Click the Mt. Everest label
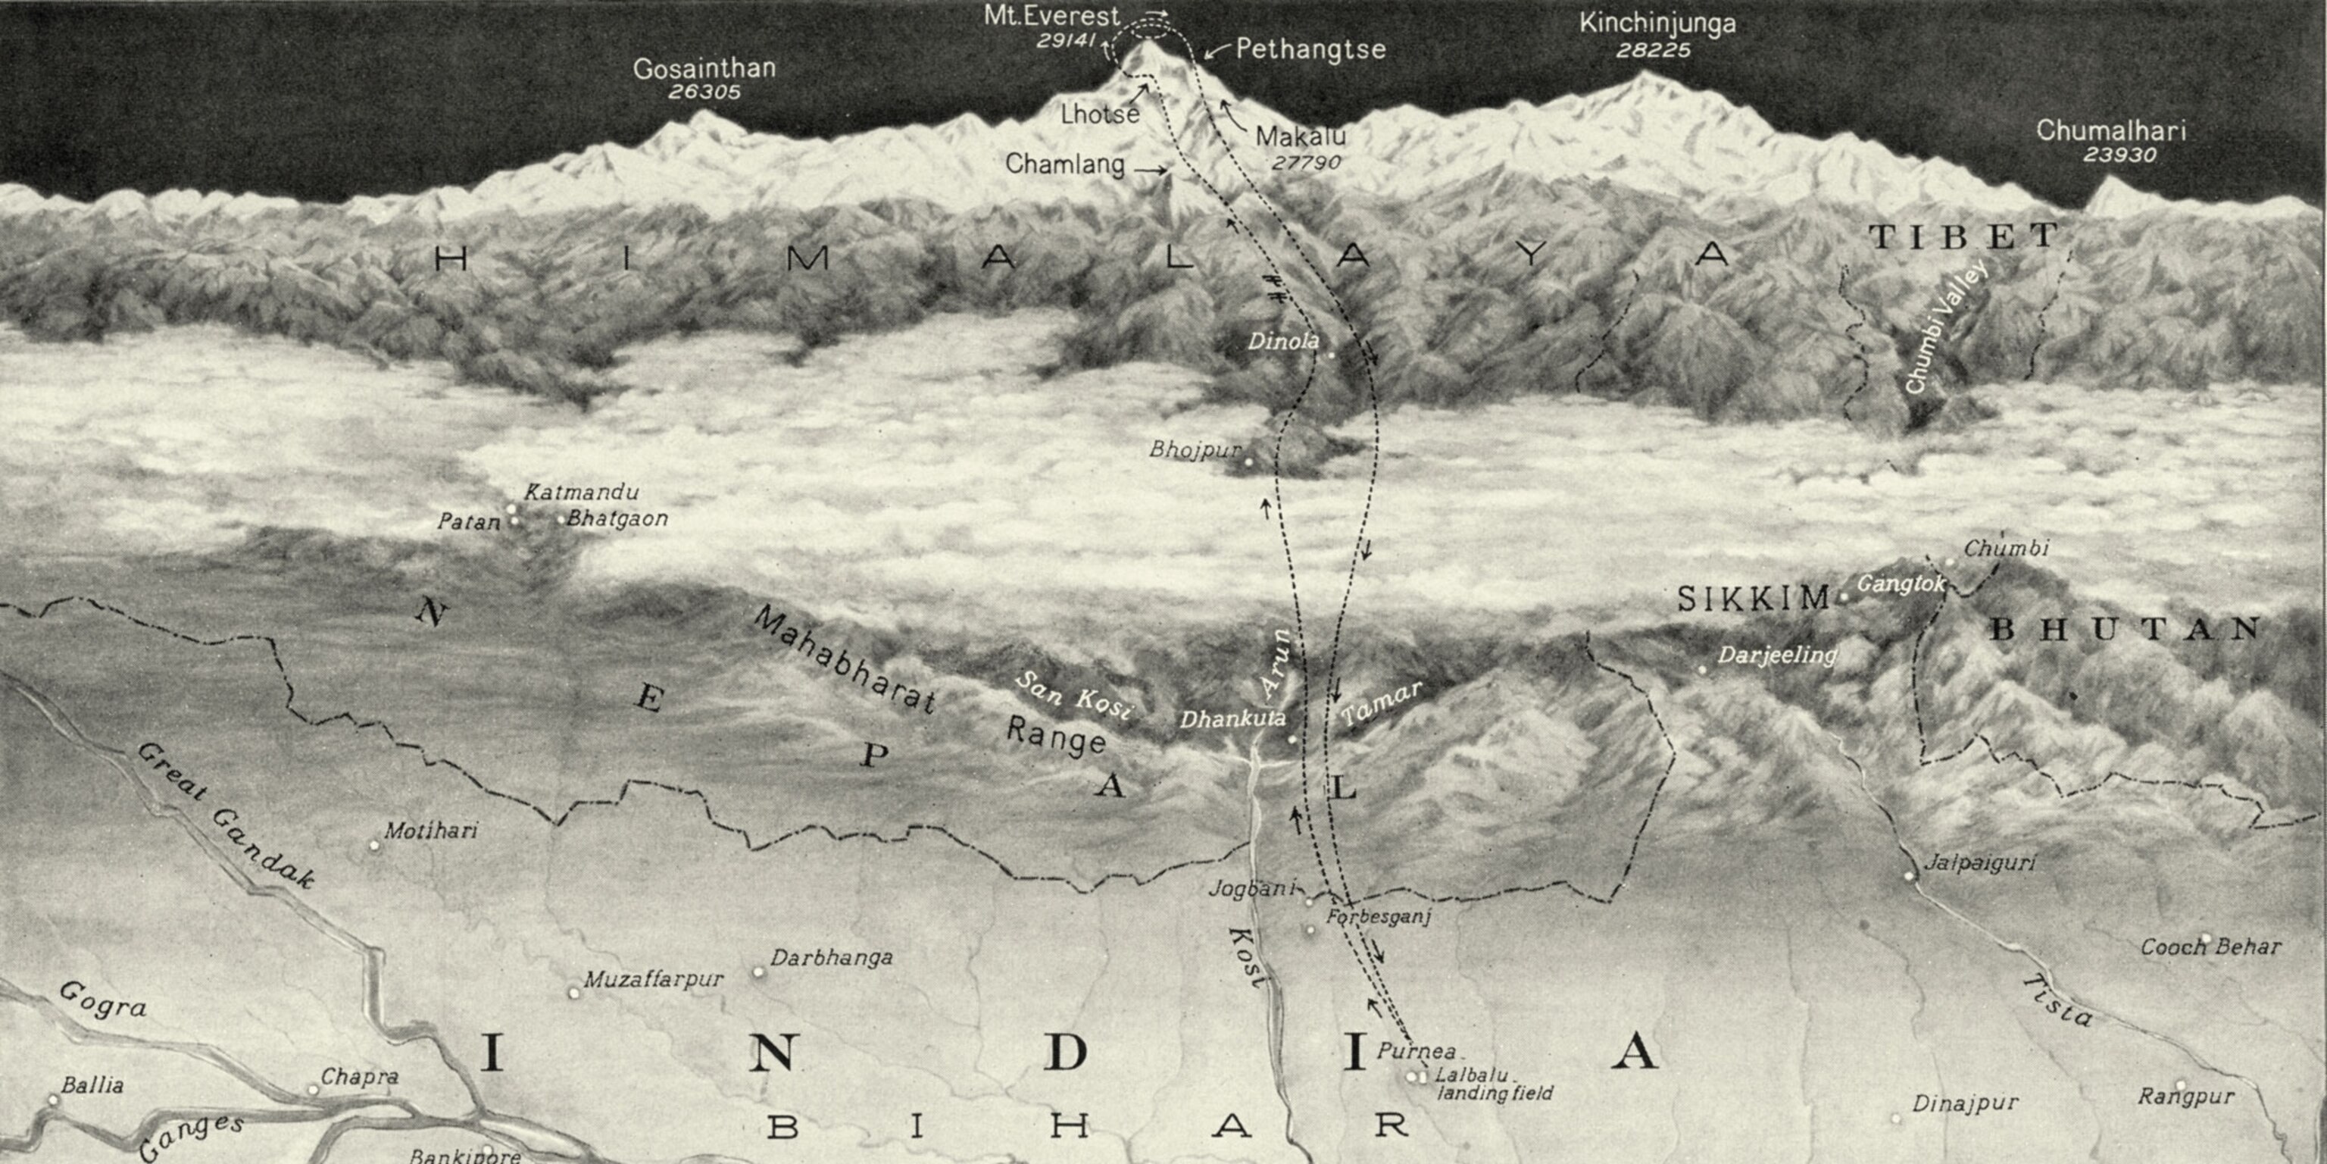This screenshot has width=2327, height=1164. pos(1051,16)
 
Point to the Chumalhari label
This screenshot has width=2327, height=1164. pos(2110,131)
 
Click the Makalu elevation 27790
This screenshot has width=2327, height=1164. pos(1306,163)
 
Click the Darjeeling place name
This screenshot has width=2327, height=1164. pos(1777,656)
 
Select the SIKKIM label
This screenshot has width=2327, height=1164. pos(1753,598)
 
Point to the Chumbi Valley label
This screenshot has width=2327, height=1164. pos(1946,327)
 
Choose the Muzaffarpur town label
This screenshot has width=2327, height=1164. pos(653,980)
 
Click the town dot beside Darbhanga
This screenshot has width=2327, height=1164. pos(759,972)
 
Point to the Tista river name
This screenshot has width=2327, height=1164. pos(2056,1000)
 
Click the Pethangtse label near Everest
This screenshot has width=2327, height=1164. pos(1310,48)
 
